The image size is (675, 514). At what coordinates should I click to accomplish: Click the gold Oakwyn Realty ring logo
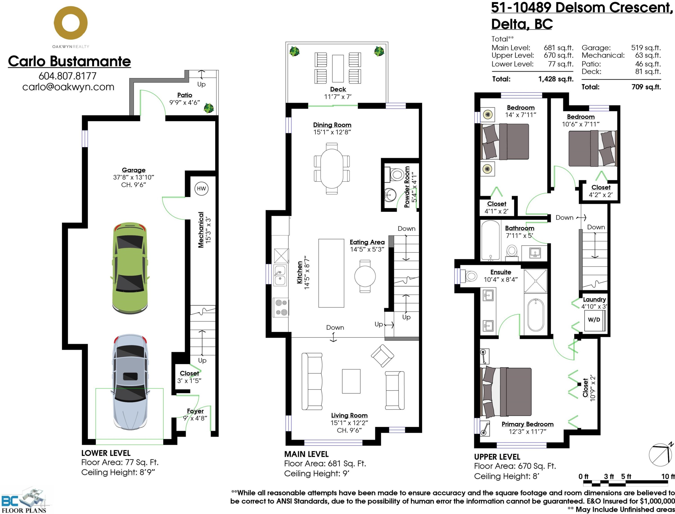point(71,23)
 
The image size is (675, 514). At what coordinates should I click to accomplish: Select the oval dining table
point(332,169)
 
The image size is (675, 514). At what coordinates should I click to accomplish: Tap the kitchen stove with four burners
point(281,307)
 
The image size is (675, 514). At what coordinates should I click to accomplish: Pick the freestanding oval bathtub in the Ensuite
point(536,315)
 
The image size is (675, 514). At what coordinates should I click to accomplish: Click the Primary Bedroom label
point(527,424)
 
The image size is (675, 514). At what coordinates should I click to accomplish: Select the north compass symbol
point(661,455)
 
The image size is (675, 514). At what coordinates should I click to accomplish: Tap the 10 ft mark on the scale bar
point(668,476)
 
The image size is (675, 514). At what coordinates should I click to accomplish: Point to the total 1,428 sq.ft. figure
point(556,79)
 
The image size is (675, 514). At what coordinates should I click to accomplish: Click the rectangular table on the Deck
point(338,68)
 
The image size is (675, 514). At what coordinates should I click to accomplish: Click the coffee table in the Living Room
point(351,381)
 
